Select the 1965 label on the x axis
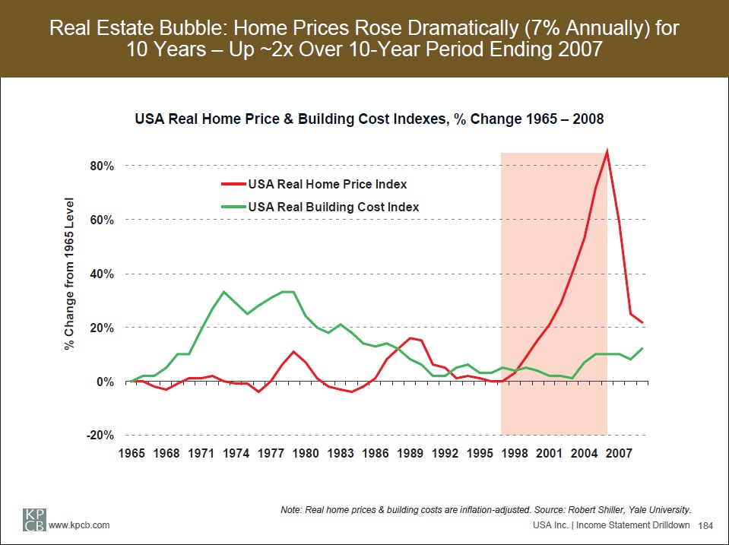click(x=131, y=454)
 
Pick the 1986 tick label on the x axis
click(x=376, y=454)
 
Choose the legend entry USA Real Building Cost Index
click(x=334, y=207)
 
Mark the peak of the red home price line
click(x=607, y=151)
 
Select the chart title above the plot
click(x=369, y=119)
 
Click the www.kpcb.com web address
click(x=79, y=526)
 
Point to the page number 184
click(x=705, y=526)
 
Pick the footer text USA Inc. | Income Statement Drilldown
click(x=612, y=526)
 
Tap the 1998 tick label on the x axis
click(x=515, y=454)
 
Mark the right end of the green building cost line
click(x=643, y=348)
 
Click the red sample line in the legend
click(x=229, y=184)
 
